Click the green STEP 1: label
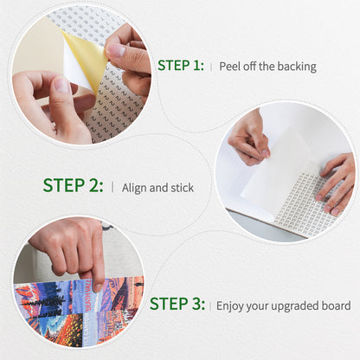[180, 66]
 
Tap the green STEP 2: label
[73, 186]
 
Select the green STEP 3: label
[177, 304]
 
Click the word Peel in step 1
[230, 67]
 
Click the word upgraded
[299, 305]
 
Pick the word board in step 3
[337, 305]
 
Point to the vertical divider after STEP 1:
[211, 67]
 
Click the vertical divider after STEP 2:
[112, 187]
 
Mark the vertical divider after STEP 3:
[212, 305]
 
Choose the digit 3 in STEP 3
[198, 304]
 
